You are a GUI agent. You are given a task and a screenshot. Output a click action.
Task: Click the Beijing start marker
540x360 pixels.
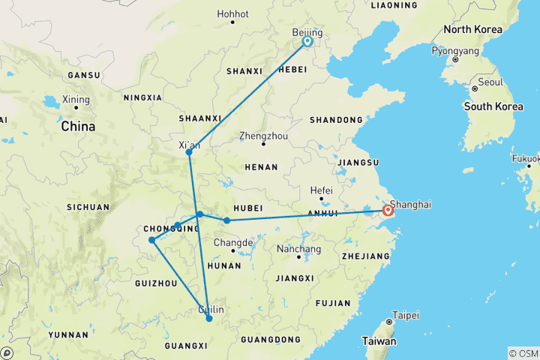pos(307,42)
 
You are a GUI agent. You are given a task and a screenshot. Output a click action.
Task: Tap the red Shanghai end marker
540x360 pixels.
pos(388,211)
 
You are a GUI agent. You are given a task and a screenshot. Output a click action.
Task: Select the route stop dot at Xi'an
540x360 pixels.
pos(189,152)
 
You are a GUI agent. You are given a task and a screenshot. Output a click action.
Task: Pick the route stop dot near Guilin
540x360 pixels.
pos(209,319)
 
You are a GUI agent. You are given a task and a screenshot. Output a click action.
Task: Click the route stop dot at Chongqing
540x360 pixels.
pos(152,240)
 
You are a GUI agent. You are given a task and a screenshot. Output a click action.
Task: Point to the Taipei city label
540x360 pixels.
pos(405,315)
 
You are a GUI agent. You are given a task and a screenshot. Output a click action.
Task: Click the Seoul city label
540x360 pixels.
pos(490,82)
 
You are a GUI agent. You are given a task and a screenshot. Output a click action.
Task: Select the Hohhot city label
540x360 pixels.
pos(232,13)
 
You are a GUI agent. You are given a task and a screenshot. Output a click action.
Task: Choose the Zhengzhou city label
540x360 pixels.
pos(263,136)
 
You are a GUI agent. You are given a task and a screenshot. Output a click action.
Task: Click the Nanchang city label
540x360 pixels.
pos(298,249)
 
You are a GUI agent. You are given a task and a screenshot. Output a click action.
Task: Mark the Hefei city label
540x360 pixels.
pos(322,190)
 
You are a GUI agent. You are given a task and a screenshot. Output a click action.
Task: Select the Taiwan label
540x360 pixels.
pos(378,341)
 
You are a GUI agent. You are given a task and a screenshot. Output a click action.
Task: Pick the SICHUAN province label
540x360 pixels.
pos(88,207)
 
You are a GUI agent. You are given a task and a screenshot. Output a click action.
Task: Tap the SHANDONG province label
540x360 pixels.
pos(337,120)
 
